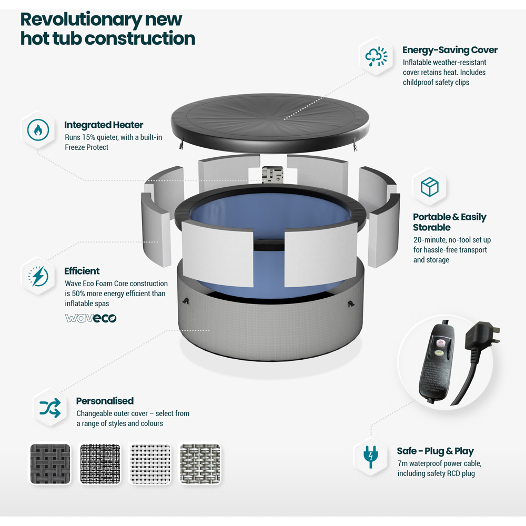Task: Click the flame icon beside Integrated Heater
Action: coord(38,130)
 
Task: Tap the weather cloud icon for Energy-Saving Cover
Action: coord(376,56)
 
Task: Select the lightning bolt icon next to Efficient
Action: coord(38,276)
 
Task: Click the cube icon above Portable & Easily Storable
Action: coord(429,187)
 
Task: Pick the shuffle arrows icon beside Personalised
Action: coord(50,408)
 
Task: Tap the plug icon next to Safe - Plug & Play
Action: coord(371,457)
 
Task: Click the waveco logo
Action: coord(90,318)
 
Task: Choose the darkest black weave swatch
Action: coord(50,464)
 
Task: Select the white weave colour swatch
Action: coord(150,464)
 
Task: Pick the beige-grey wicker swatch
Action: coord(200,464)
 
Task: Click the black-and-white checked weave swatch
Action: coord(100,464)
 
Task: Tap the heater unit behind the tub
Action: coord(272,175)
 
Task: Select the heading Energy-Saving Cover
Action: coord(450,50)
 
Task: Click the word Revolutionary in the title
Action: coord(81,20)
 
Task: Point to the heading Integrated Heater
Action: coord(104,125)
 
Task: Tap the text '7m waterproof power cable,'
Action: coord(439,463)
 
